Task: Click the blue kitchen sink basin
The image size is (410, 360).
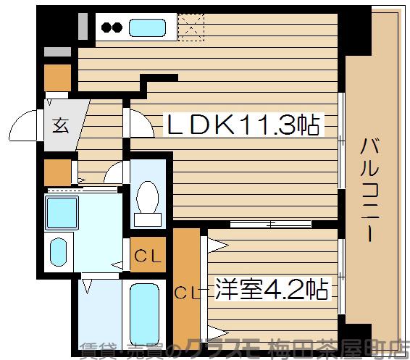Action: pyautogui.click(x=147, y=29)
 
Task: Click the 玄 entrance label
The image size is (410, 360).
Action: pyautogui.click(x=60, y=125)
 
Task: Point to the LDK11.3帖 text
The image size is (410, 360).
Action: pyautogui.click(x=243, y=125)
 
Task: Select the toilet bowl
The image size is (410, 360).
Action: pyautogui.click(x=148, y=194)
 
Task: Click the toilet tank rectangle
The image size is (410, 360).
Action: pyautogui.click(x=148, y=218)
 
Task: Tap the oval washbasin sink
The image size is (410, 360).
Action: pyautogui.click(x=58, y=253)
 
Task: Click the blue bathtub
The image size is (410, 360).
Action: pyautogui.click(x=146, y=309)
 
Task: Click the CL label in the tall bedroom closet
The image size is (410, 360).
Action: pyautogui.click(x=186, y=292)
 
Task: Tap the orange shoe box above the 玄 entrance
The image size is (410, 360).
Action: pyautogui.click(x=58, y=76)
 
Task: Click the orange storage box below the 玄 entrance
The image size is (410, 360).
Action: pyautogui.click(x=57, y=172)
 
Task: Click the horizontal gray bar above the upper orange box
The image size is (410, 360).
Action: pyautogui.click(x=57, y=52)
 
